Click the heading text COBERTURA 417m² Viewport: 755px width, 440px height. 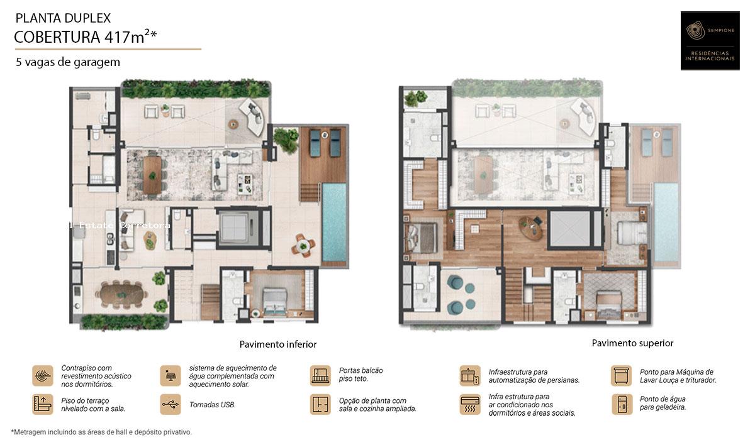tap(85, 37)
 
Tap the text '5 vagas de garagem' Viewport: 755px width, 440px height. tap(68, 62)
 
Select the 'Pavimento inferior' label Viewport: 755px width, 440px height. tap(277, 344)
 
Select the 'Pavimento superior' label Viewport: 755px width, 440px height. tap(632, 343)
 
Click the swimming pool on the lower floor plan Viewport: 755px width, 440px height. tap(334, 224)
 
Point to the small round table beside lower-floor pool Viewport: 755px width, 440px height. tap(302, 245)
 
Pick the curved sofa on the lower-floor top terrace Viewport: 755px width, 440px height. tap(254, 118)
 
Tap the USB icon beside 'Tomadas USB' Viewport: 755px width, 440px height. tap(170, 404)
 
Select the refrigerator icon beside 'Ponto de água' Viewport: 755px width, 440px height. tap(621, 404)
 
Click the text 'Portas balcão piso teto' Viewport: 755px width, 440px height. tap(361, 375)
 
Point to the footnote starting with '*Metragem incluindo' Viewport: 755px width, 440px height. tap(101, 432)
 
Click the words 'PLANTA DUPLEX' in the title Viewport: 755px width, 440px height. tap(62, 18)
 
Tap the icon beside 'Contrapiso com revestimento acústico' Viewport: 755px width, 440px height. tap(43, 375)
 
